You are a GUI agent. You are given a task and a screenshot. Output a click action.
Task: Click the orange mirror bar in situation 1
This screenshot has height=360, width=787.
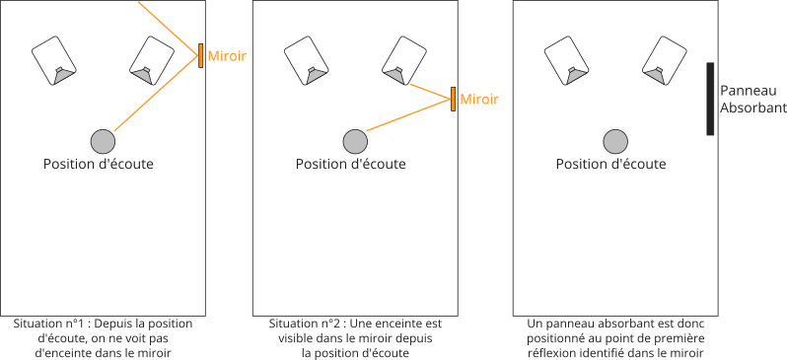[x=201, y=55]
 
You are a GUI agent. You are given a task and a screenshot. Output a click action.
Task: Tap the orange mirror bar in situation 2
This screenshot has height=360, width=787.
[x=453, y=100]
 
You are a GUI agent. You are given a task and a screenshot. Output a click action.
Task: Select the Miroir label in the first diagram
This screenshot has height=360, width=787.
[x=226, y=56]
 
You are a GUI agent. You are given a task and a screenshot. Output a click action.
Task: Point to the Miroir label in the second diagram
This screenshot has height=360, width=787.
[x=479, y=100]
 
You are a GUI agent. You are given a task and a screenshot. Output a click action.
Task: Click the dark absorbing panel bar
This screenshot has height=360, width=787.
[x=710, y=99]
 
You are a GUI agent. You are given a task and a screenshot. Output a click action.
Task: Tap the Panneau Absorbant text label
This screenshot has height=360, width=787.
[x=752, y=99]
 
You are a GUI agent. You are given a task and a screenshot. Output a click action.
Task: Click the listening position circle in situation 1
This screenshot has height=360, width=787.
[x=102, y=141]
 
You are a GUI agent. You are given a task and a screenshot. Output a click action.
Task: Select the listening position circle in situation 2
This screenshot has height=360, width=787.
[x=354, y=141]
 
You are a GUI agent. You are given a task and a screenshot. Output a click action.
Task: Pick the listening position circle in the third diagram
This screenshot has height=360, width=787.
[x=614, y=141]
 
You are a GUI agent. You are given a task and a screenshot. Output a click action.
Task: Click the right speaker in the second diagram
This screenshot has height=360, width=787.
[x=403, y=60]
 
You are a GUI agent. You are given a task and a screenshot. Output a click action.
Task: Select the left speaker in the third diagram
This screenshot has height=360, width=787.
[x=565, y=60]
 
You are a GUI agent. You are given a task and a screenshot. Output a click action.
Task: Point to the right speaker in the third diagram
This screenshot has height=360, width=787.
[x=664, y=60]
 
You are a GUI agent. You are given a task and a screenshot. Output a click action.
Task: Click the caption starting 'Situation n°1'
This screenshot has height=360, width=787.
[x=103, y=337]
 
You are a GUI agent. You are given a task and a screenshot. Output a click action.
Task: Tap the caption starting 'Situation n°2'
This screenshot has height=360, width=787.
[x=354, y=337]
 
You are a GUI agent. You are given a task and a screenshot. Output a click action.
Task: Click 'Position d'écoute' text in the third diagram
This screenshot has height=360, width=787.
[x=610, y=164]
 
